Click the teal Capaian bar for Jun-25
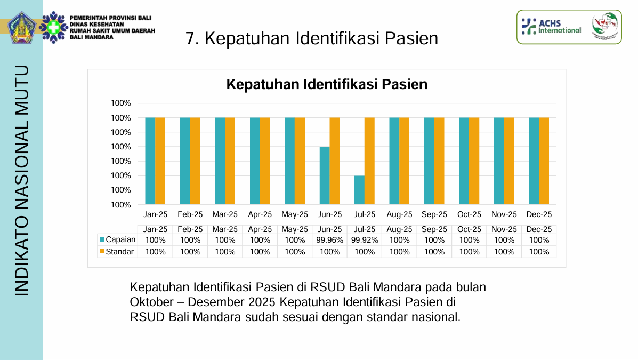(x=325, y=175)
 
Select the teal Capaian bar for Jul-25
(x=359, y=190)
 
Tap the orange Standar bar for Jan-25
(x=160, y=161)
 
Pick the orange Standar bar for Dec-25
(x=544, y=161)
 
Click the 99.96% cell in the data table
(x=329, y=240)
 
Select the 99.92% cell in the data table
(x=365, y=240)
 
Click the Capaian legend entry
(x=117, y=240)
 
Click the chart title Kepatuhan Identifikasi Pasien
(x=327, y=84)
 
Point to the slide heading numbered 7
(x=312, y=38)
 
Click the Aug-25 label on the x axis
(x=399, y=214)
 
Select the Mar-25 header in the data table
(x=225, y=229)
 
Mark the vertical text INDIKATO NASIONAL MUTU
(x=22, y=180)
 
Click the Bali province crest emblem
(x=21, y=27)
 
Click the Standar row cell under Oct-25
(x=469, y=252)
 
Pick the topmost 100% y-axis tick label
(x=121, y=103)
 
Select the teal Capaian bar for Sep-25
(x=429, y=161)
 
